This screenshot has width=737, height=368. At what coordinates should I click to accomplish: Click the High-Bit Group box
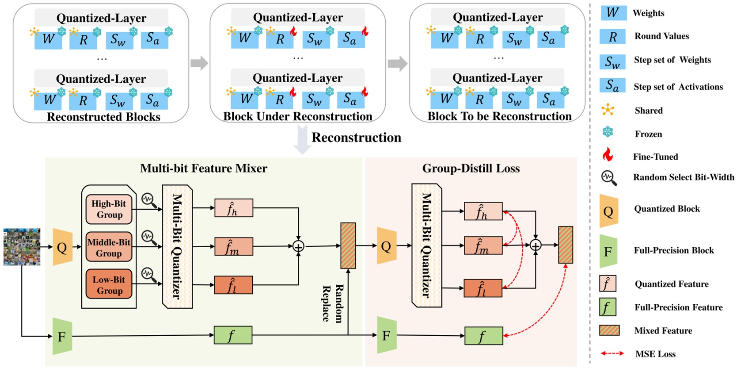point(109,209)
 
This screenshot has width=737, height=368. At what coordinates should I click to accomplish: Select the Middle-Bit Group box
point(109,247)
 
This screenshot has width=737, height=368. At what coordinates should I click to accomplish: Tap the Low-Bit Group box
point(109,285)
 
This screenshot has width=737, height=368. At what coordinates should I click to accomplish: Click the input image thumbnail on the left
point(22,247)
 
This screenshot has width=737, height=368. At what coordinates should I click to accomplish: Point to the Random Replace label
point(332,303)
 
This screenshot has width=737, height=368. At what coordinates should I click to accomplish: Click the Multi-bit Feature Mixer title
point(203,169)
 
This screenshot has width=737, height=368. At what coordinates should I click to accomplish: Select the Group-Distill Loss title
point(471,169)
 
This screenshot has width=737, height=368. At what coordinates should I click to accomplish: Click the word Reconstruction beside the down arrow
point(356,138)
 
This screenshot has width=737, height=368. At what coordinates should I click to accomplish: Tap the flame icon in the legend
point(608,155)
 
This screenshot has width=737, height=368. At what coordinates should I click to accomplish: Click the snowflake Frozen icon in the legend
point(608,132)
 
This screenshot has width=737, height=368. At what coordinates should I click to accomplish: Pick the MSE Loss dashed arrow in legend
point(612,353)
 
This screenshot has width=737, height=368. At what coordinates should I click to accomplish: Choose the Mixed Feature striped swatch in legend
point(609,330)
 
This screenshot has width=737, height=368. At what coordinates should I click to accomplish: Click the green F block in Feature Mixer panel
point(62,336)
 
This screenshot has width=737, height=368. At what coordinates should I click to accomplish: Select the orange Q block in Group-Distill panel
point(386,246)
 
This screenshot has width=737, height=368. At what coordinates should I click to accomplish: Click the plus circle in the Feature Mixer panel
point(298,246)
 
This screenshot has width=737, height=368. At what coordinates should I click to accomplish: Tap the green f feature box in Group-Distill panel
point(483,336)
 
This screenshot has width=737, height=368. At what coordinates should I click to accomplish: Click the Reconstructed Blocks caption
point(103,117)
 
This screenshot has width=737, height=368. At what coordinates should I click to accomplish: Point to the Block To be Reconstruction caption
point(499,116)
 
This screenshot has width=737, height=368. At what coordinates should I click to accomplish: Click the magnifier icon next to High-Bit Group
point(149,200)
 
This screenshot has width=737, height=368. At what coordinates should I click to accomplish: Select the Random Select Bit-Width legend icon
point(609,177)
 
